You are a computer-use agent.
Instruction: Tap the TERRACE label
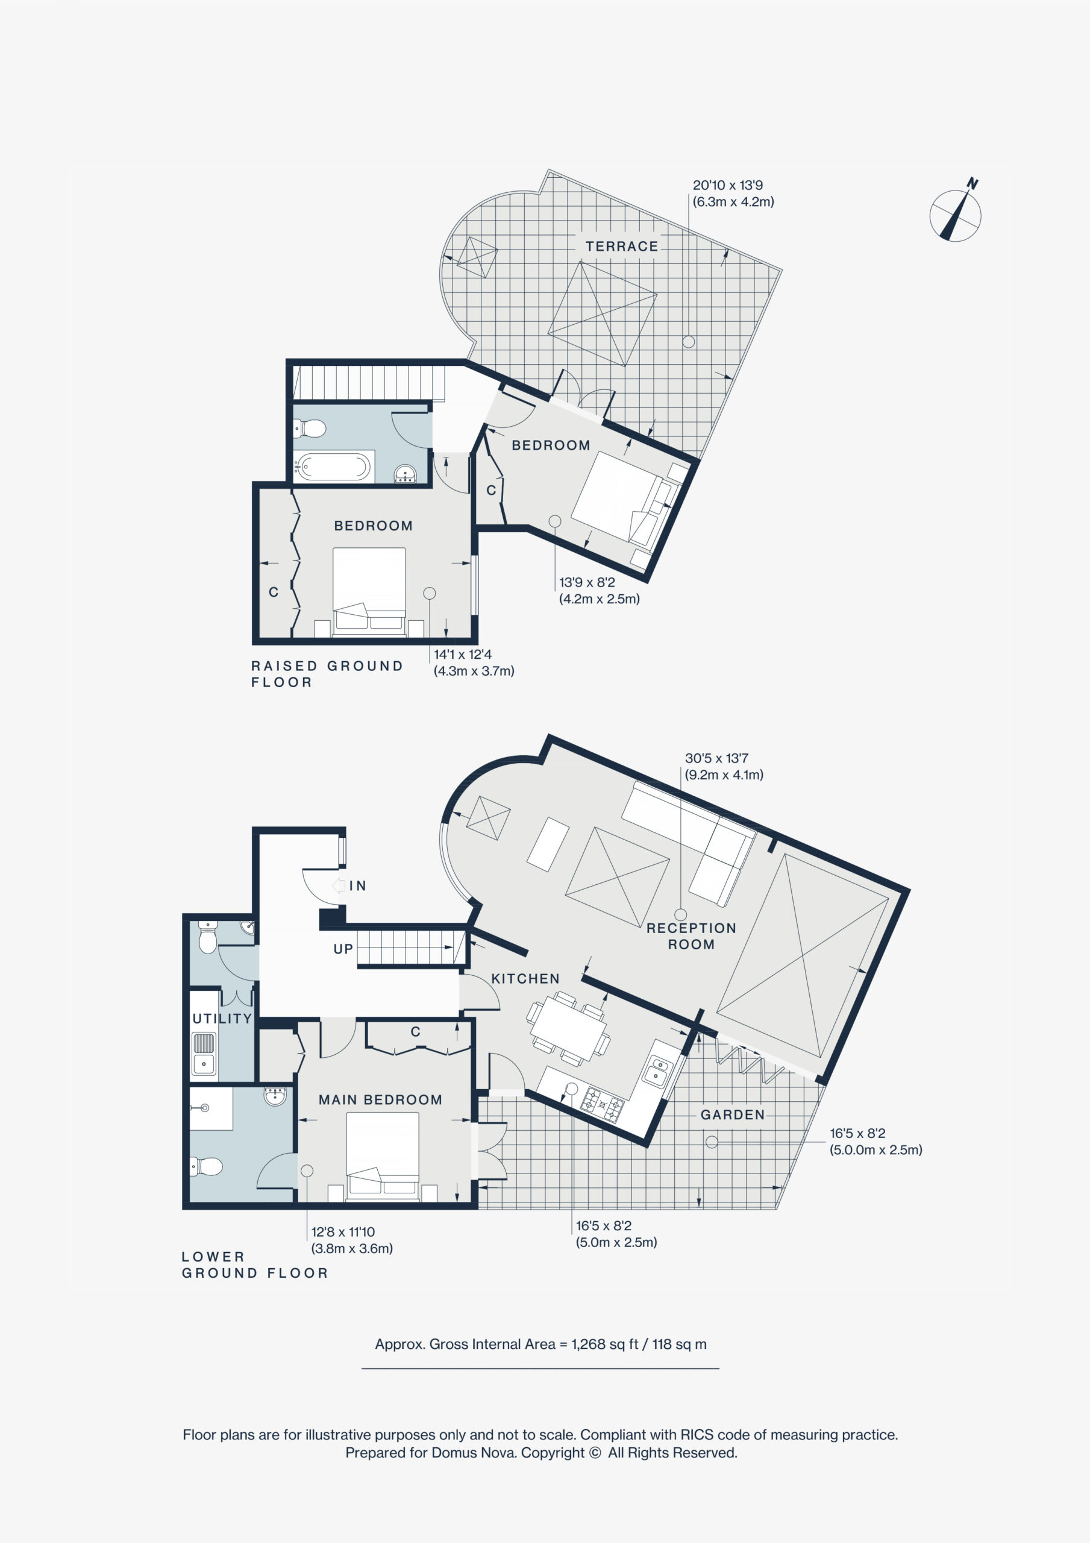pyautogui.click(x=622, y=247)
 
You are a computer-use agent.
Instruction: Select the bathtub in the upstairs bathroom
pyautogui.click(x=333, y=467)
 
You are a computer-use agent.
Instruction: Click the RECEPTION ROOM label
pyautogui.click(x=691, y=936)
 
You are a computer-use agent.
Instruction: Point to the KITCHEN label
pyautogui.click(x=525, y=978)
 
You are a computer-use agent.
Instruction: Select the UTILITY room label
pyautogui.click(x=222, y=1018)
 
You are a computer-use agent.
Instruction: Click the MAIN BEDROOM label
pyautogui.click(x=380, y=1099)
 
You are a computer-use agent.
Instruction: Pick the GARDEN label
pyautogui.click(x=733, y=1115)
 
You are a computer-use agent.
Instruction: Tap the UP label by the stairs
pyautogui.click(x=343, y=949)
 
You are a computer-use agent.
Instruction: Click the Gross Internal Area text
pyautogui.click(x=540, y=1344)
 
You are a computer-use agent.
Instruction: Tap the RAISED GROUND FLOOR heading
pyautogui.click(x=327, y=674)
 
